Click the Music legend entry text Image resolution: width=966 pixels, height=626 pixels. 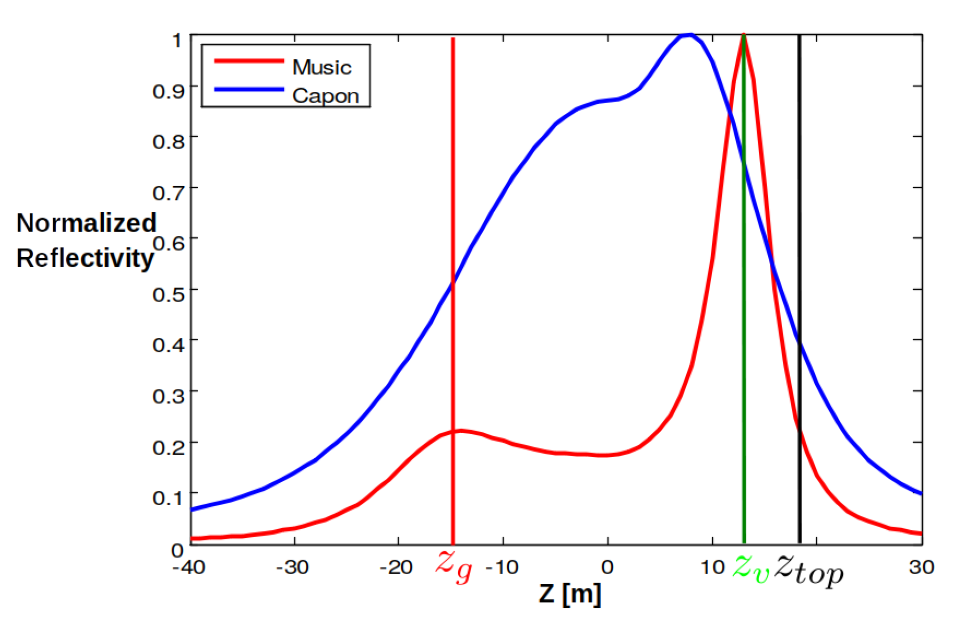[x=322, y=67]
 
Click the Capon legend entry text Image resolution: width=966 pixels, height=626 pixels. [x=325, y=96]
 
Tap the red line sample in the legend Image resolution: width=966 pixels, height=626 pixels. [x=249, y=61]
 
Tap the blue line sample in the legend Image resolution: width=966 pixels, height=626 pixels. [x=249, y=89]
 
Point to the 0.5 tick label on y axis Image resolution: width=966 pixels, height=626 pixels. [x=168, y=294]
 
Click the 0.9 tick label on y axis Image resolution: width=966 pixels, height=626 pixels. [x=168, y=91]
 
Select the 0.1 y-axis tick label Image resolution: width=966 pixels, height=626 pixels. [x=168, y=498]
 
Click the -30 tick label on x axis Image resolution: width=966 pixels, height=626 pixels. [x=292, y=567]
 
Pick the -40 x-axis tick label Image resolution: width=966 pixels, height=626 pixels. [x=189, y=567]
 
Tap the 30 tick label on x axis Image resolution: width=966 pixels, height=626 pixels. [x=921, y=567]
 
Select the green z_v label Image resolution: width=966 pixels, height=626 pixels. [x=751, y=567]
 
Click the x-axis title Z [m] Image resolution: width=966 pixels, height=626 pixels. [x=570, y=593]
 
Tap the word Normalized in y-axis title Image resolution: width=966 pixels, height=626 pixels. [x=86, y=223]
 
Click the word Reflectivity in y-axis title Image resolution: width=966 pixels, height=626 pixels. [x=85, y=258]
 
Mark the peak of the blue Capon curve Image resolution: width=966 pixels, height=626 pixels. [x=689, y=35]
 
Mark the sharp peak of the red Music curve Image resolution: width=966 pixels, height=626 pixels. [x=743, y=36]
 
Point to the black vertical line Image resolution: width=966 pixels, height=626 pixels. [x=799, y=214]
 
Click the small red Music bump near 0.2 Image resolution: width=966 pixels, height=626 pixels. [x=461, y=430]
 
